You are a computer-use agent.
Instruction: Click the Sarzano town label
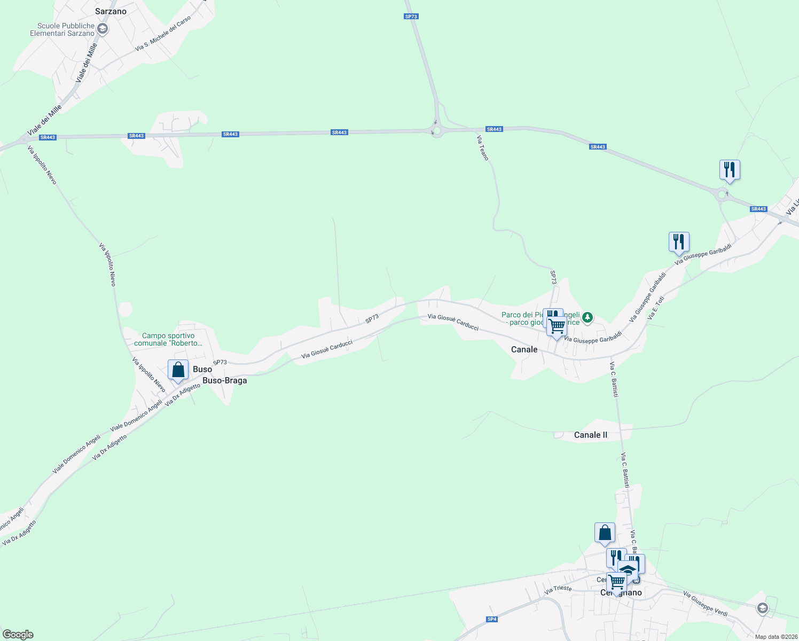pos(111,11)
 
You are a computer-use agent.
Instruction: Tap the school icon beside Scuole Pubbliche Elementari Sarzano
pos(103,29)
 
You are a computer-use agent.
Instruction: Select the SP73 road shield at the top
pos(411,17)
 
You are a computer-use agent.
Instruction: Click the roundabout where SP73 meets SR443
pos(437,131)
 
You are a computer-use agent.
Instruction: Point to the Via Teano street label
pos(482,147)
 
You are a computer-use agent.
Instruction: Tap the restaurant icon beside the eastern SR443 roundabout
pos(729,170)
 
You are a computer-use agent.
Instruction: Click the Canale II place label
pos(590,435)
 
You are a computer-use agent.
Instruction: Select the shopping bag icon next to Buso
pos(178,370)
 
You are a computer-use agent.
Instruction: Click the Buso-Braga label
pos(224,380)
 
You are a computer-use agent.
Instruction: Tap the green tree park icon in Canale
pos(587,318)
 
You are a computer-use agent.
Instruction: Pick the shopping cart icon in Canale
pos(557,326)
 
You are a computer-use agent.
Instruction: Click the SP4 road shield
pos(492,619)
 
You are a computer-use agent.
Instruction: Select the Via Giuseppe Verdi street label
pos(705,604)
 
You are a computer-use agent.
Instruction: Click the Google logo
pos(18,635)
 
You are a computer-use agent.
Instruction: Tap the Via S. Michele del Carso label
pos(163,34)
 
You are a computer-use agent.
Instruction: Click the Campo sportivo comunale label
pos(168,339)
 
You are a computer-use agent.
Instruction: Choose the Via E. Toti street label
pos(656,308)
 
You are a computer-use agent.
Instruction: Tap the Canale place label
pos(524,349)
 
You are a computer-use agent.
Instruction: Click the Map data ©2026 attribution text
pos(776,637)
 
